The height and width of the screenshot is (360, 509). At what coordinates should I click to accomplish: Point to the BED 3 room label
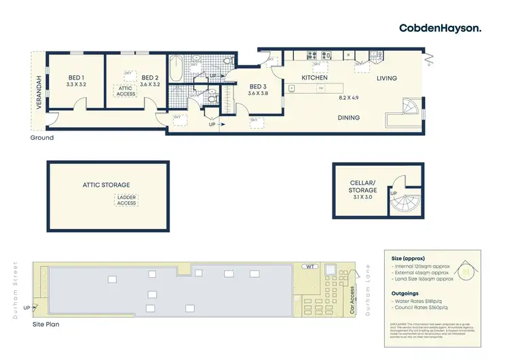(x=257, y=87)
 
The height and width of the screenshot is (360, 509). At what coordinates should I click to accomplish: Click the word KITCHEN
(x=316, y=78)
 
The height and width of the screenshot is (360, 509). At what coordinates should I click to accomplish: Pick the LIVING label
(x=387, y=79)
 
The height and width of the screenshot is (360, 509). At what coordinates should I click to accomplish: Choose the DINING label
(x=349, y=118)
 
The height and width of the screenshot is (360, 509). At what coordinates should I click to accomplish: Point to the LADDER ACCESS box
(x=126, y=200)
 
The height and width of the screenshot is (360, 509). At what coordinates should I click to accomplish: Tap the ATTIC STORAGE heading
(x=106, y=185)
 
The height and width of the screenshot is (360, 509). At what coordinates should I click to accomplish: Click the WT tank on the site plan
(x=310, y=267)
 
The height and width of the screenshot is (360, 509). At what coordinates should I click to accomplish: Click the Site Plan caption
(x=46, y=325)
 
